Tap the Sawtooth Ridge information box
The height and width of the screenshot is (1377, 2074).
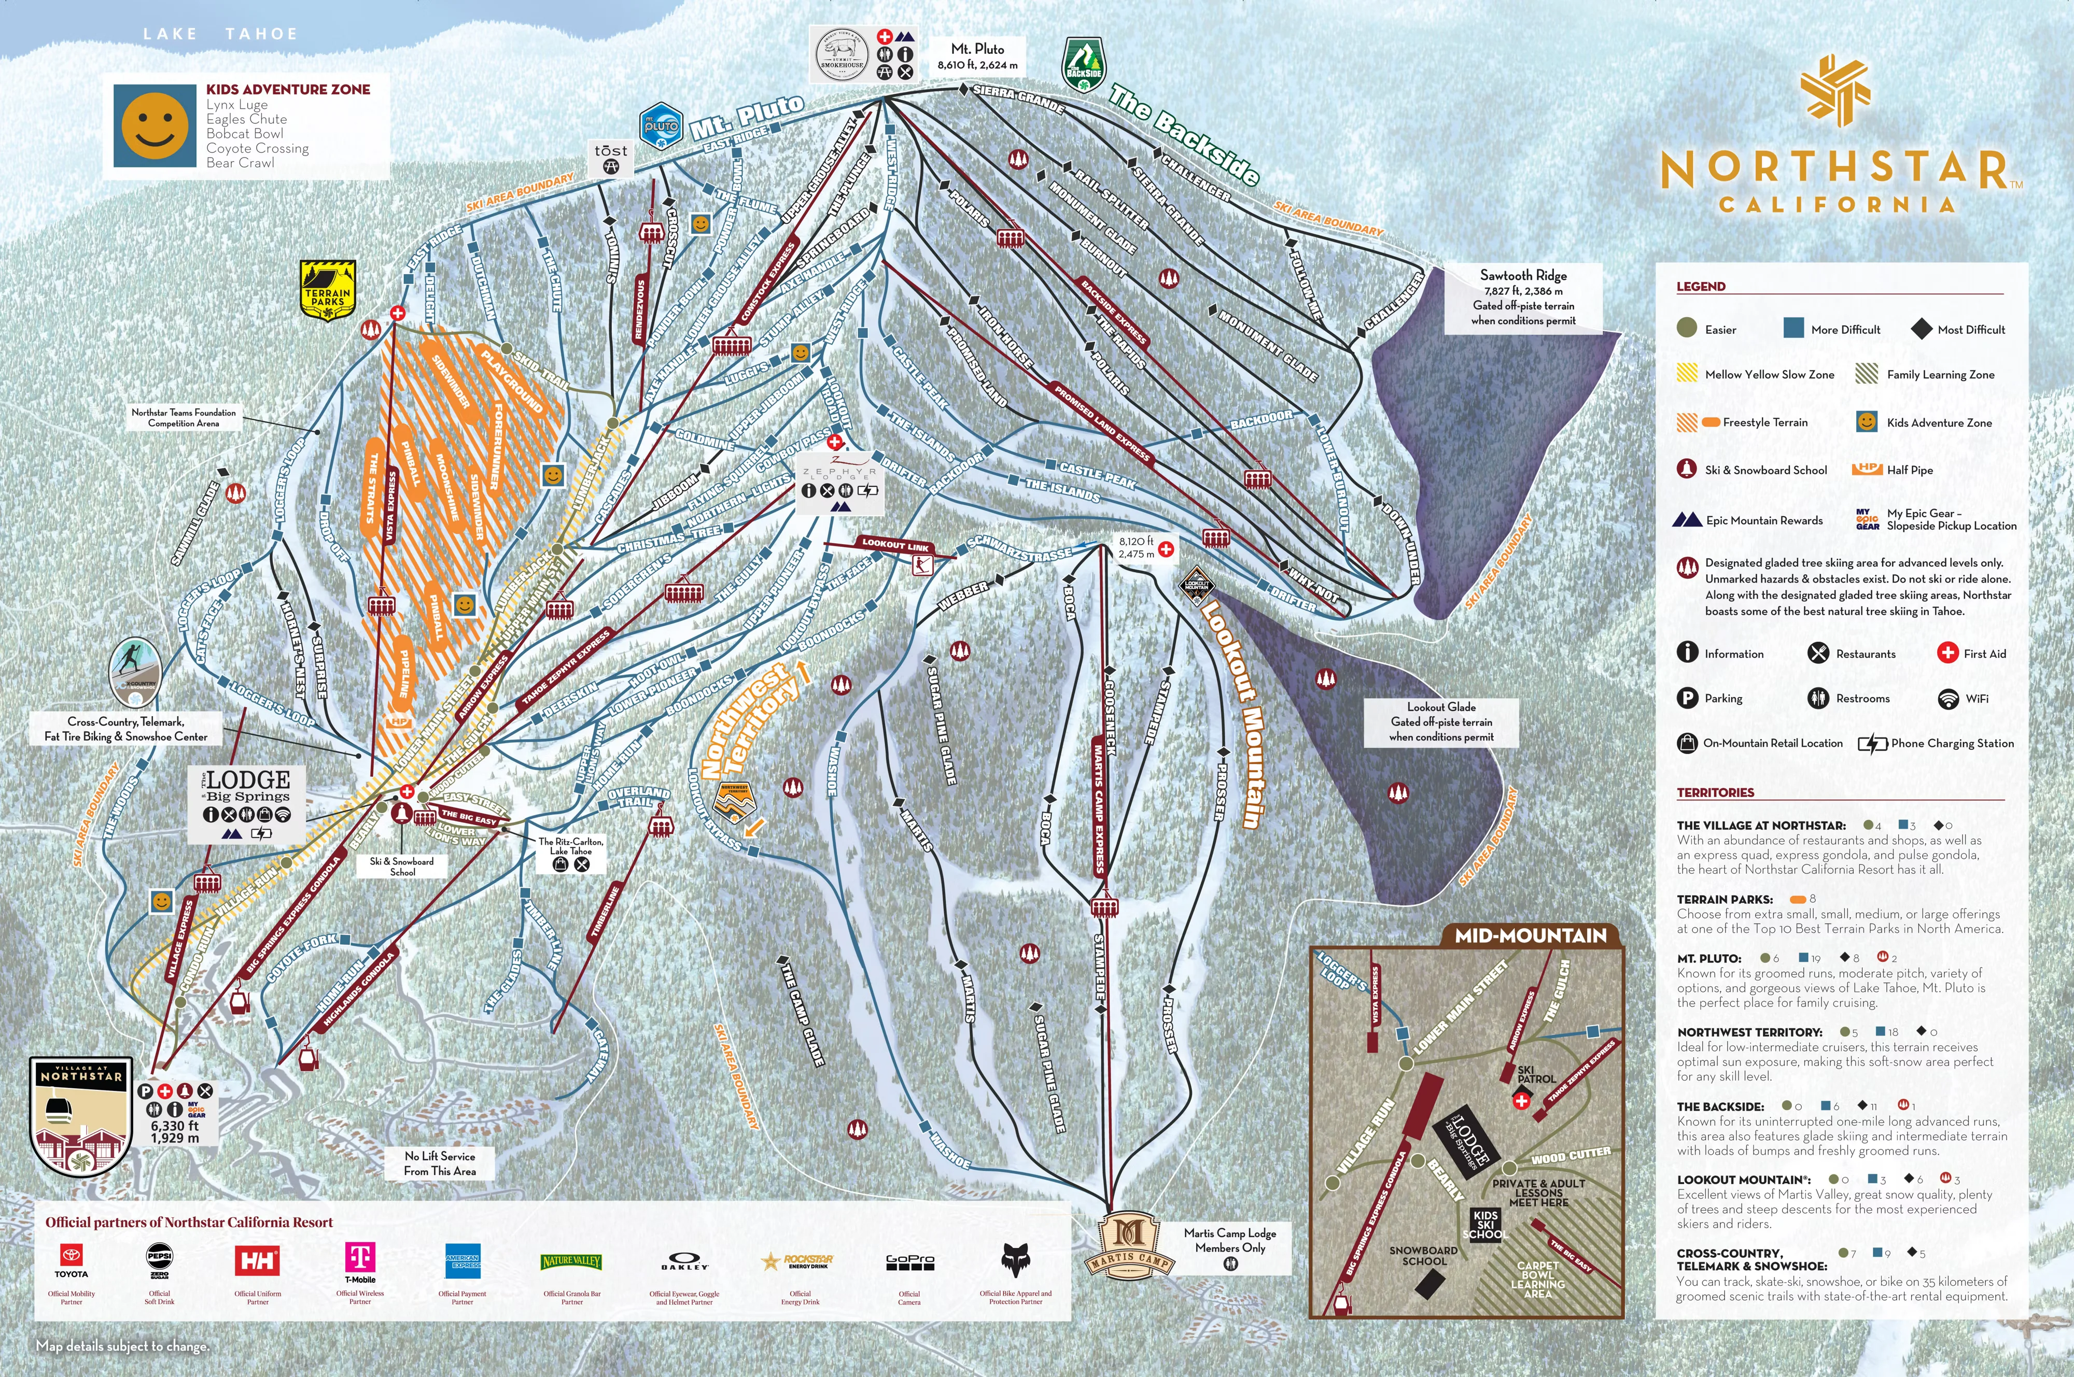(x=1523, y=297)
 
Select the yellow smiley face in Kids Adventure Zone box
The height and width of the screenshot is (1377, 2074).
(x=155, y=125)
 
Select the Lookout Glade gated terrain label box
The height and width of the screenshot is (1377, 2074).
(x=1440, y=722)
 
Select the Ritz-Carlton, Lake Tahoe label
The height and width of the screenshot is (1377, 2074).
(x=570, y=846)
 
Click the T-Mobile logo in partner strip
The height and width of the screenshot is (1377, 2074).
(x=360, y=1260)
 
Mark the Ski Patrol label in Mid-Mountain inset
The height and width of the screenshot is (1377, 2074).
(x=1535, y=1074)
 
